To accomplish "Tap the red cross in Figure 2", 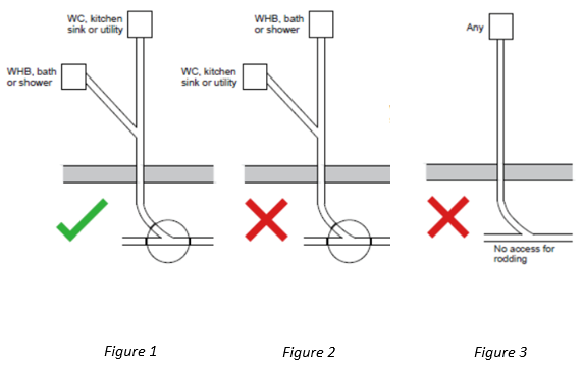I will pos(266,220).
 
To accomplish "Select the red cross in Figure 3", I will pos(447,217).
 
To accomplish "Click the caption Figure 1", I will pos(130,351).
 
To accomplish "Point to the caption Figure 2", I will pos(309,352).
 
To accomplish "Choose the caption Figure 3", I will pos(500,352).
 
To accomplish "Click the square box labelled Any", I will pos(501,27).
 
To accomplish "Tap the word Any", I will pos(475,27).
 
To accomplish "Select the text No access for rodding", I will pos(517,254).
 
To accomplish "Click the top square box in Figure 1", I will pos(140,24).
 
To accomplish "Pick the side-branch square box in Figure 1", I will pos(74,76).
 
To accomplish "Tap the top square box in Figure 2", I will pos(321,24).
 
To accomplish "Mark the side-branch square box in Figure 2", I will pos(255,76).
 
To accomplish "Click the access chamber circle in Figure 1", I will pos(168,241).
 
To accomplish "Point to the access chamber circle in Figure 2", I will pos(349,241).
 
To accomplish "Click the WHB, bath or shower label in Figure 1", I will pos(32,76).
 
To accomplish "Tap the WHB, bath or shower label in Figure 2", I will pos(279,24).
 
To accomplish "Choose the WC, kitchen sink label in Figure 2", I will pos(209,77).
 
